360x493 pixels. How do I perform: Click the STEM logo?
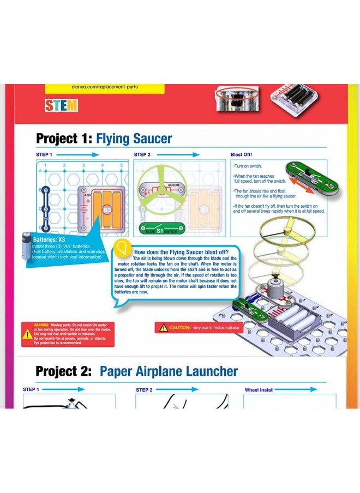[x=62, y=105]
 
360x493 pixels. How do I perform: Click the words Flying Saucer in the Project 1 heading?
[x=134, y=138]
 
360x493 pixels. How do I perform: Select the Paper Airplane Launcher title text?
[x=169, y=371]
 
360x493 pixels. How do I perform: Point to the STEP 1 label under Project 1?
[x=44, y=155]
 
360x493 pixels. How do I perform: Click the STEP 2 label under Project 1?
[x=142, y=155]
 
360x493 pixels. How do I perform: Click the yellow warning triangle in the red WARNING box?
[x=27, y=334]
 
